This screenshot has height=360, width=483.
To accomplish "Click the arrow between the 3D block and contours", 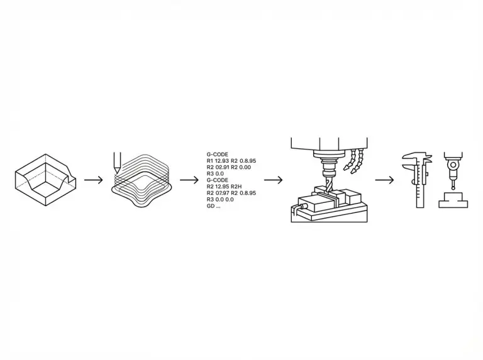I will point(92,180).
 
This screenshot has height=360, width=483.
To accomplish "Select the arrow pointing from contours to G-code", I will point(189,180).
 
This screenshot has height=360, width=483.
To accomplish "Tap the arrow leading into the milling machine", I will point(272,180).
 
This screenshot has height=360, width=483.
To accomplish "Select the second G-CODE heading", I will point(218,180).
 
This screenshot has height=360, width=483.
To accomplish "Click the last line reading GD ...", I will point(213,206).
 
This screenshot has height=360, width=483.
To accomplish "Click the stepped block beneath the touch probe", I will point(453,200).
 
